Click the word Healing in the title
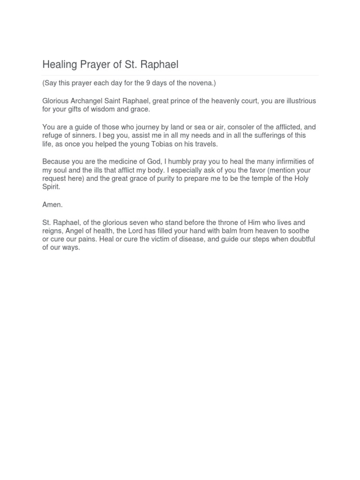pyautogui.click(x=59, y=64)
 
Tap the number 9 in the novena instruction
pyautogui.click(x=148, y=83)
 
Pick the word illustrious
pyautogui.click(x=298, y=101)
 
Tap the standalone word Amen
pyautogui.click(x=52, y=205)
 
